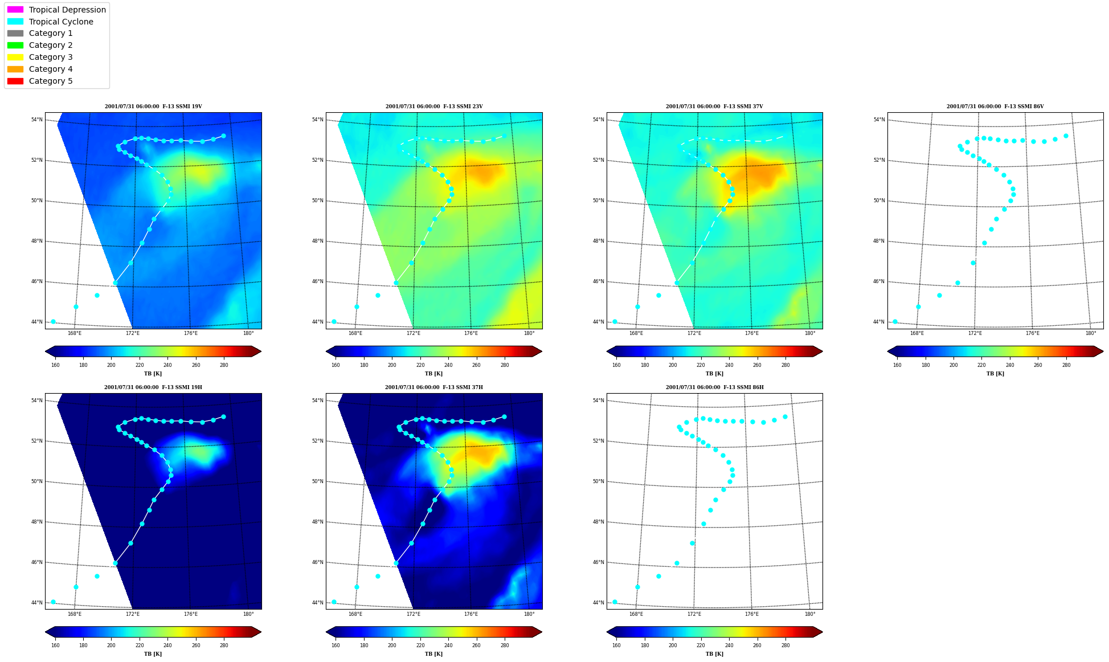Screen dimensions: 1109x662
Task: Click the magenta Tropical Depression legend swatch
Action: coord(15,10)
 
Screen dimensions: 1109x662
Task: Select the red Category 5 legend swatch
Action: coord(15,81)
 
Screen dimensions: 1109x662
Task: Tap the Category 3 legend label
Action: coord(51,57)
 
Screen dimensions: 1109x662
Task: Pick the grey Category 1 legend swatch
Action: coord(15,33)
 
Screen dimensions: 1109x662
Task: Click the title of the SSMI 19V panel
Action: coord(153,107)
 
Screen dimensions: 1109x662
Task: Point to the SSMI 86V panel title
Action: coord(995,107)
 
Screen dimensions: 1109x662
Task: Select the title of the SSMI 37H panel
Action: coord(433,387)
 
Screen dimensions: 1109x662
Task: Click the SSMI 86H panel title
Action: coord(714,387)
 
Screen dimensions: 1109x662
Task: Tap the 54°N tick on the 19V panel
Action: coord(36,120)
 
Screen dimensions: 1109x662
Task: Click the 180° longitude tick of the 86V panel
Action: coord(1090,333)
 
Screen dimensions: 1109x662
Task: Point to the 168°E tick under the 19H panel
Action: coord(75,614)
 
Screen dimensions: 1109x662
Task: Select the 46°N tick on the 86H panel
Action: coord(598,562)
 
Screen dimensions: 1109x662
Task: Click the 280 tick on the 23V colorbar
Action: coord(505,365)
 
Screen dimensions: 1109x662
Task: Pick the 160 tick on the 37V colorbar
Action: coord(616,365)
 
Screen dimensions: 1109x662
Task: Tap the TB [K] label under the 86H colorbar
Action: coord(714,654)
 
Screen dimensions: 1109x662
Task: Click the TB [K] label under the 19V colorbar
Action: coord(153,374)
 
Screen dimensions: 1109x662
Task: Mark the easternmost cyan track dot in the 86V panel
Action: coord(1066,136)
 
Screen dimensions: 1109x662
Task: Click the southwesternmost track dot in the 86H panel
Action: coord(615,602)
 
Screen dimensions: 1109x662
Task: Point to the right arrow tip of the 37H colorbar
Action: coord(542,632)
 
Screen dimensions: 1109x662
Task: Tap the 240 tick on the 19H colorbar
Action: coord(167,645)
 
